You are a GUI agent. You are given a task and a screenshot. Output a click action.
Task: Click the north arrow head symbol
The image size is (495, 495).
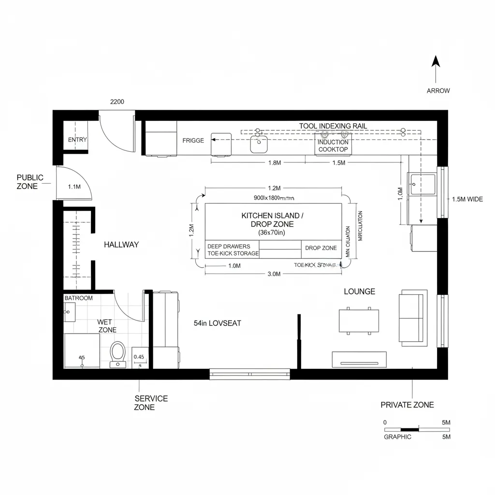[436, 61]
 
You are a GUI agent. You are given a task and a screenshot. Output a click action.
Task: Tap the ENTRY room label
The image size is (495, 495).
[77, 140]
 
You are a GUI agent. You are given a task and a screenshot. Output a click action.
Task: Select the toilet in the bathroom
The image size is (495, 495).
[117, 353]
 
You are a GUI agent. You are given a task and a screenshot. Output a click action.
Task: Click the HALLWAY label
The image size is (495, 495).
[121, 245]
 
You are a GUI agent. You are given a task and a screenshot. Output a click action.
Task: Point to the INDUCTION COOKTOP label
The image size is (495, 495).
[333, 146]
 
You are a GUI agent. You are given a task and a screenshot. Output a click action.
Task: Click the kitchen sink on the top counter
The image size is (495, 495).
[259, 143]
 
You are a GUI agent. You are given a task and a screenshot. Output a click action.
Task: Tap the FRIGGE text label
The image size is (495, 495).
[193, 141]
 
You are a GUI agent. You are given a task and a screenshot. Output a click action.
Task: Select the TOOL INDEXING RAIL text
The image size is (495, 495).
[333, 126]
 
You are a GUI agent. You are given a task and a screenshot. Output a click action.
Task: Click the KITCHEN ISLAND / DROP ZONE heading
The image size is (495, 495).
[273, 220]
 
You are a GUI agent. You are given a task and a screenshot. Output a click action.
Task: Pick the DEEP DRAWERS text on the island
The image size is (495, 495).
[229, 247]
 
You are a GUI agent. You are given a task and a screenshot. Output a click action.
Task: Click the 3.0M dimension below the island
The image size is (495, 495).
[274, 274]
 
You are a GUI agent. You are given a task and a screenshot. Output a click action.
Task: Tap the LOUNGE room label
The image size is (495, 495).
[359, 291]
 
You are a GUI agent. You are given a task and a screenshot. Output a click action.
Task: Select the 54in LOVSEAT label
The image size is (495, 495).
[217, 323]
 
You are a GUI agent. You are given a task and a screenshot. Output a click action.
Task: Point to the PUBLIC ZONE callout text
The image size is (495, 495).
[30, 182]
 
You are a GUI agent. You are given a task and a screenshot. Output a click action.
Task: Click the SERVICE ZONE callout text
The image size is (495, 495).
[151, 403]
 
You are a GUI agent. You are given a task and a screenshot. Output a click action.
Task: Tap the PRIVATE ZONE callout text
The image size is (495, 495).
[407, 405]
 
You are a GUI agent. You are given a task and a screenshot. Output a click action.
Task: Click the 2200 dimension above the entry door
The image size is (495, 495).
[117, 102]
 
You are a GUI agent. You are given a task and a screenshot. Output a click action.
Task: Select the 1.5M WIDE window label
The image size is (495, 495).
[467, 199]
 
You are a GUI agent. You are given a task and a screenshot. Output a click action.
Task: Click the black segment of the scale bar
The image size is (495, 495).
[410, 429]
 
